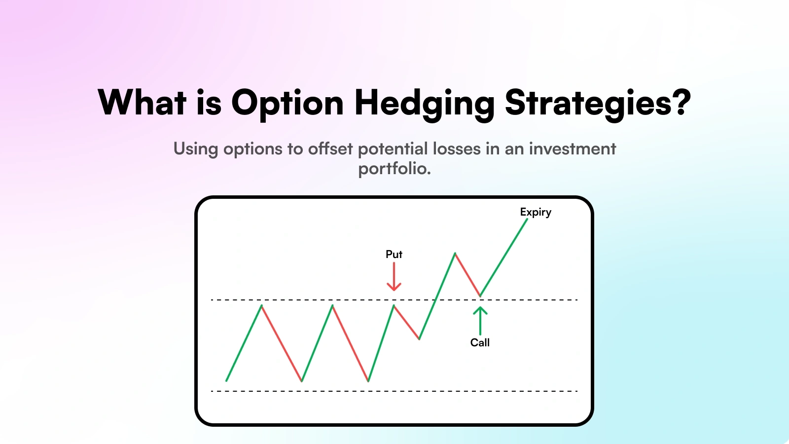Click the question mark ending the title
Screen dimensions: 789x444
(682, 102)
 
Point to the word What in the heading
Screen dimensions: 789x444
(142, 102)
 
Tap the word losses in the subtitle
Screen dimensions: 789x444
(457, 148)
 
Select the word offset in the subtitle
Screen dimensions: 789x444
(330, 148)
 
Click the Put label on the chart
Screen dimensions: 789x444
(394, 255)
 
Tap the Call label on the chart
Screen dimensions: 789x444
(480, 342)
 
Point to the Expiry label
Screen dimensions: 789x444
(536, 212)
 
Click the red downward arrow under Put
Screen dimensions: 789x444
(394, 277)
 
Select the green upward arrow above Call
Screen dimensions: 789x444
(480, 321)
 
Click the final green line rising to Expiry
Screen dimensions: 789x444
(503, 257)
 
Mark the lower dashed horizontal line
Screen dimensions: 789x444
(394, 391)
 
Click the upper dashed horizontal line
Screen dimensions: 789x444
(394, 300)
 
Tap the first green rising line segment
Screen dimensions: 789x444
(244, 343)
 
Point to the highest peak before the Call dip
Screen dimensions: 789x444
(455, 253)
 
